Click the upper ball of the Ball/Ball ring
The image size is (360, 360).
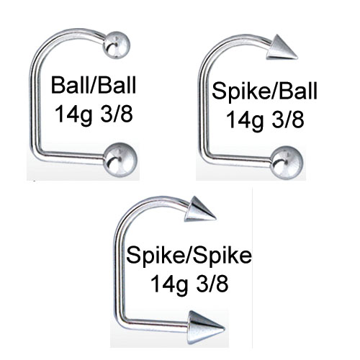click(117, 45)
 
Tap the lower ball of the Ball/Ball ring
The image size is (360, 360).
click(120, 160)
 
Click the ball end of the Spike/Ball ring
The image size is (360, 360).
click(287, 163)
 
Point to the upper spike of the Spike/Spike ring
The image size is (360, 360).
click(199, 210)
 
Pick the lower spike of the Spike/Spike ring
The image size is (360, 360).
click(204, 328)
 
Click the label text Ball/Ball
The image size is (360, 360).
click(94, 85)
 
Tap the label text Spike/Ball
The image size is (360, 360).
click(264, 91)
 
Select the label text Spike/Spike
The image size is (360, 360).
click(189, 256)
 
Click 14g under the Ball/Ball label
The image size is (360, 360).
click(73, 114)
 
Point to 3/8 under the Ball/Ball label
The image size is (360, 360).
click(117, 114)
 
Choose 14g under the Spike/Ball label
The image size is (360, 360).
click(244, 120)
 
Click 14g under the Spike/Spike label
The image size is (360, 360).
click(169, 284)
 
